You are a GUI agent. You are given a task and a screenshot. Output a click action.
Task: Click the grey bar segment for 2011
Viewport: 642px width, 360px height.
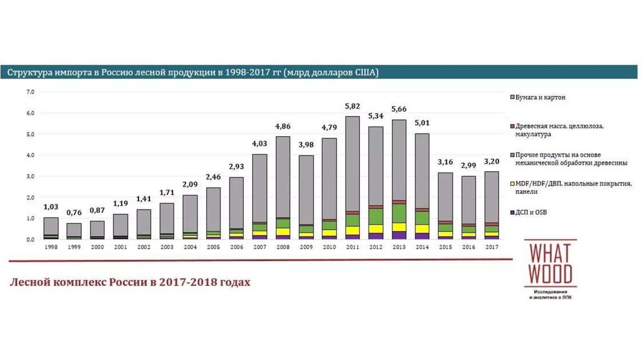(352, 163)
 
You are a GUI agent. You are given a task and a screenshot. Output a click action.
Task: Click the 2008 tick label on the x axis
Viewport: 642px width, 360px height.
(283, 246)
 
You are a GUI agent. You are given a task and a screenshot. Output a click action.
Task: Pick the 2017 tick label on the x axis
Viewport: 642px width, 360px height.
(492, 246)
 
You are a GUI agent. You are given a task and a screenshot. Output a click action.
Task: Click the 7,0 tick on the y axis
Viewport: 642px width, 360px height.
(29, 92)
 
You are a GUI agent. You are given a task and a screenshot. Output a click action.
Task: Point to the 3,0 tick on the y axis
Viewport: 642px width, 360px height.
(29, 176)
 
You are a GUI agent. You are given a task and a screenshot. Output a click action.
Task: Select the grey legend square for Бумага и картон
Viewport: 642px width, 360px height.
(512, 98)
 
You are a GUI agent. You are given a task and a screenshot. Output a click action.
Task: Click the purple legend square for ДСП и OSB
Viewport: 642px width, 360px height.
(512, 213)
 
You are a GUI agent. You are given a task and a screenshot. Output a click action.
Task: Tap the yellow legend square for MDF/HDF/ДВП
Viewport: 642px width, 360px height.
(512, 183)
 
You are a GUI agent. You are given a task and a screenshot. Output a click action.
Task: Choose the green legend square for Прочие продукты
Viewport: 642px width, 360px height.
(512, 154)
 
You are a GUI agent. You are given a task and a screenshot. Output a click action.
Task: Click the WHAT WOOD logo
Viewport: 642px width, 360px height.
(550, 267)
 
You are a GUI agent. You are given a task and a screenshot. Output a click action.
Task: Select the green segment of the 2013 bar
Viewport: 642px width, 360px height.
(399, 213)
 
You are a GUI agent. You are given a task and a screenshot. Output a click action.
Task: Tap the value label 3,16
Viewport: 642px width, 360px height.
(445, 164)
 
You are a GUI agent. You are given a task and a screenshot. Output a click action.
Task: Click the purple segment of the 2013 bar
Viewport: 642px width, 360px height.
(399, 235)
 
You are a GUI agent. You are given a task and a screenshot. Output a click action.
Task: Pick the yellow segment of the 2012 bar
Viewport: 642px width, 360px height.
(376, 229)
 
